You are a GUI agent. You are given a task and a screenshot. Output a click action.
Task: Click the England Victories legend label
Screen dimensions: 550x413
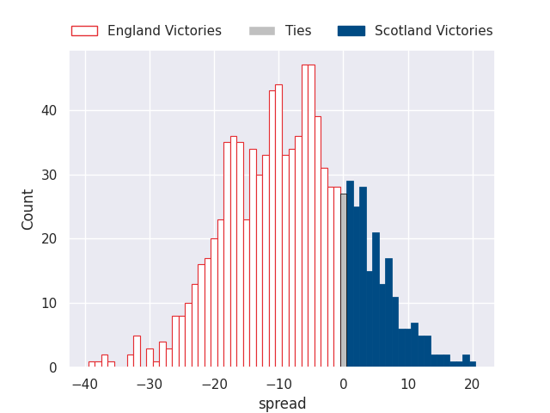pos(164,31)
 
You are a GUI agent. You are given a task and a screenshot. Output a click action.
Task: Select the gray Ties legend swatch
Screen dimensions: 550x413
pos(261,31)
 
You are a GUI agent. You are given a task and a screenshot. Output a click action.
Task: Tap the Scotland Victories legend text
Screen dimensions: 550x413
pos(433,31)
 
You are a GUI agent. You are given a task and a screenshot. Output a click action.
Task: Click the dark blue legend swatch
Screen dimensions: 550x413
pos(351,31)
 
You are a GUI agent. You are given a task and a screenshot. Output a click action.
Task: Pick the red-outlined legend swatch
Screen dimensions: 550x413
pos(84,31)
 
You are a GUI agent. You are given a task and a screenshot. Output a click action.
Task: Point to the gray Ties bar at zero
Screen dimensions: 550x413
pos(344,280)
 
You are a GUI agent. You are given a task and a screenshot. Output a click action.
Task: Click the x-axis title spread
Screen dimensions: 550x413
pos(283,404)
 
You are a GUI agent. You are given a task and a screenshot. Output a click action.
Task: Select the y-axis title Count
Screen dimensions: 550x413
pos(27,210)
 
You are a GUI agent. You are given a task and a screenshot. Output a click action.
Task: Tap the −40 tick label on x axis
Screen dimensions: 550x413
pos(85,385)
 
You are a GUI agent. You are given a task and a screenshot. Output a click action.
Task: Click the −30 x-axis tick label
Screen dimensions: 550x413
pos(150,385)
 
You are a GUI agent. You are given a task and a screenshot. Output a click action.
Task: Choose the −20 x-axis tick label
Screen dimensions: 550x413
pos(214,385)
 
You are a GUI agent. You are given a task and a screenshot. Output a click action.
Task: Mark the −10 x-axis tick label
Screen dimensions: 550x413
pos(278,385)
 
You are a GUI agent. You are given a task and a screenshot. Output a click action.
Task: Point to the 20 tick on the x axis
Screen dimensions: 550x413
pos(472,385)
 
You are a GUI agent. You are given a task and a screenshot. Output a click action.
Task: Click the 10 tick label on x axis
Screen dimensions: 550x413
pos(408,385)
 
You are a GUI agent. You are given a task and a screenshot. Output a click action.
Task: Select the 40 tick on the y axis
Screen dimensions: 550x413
pos(49,111)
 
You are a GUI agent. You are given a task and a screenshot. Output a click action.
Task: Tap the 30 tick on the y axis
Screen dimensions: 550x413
pos(49,175)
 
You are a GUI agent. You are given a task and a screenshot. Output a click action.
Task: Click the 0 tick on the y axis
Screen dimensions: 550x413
pos(53,367)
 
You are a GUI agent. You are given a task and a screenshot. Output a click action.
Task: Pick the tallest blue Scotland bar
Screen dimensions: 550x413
pos(350,274)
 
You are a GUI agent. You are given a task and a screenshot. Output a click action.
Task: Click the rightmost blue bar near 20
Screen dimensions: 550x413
pos(473,364)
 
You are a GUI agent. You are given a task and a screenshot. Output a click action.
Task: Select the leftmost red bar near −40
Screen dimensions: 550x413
pos(92,364)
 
